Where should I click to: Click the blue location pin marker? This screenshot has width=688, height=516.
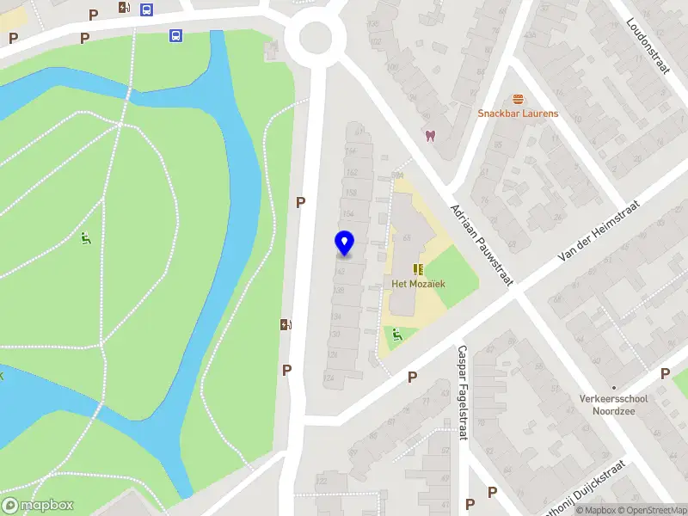(344, 243)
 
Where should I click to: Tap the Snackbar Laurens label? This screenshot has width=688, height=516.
(518, 114)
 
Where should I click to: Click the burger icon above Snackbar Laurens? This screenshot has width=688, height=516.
(518, 99)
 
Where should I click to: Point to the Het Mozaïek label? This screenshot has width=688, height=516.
(418, 284)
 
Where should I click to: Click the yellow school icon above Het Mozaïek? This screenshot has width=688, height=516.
(419, 269)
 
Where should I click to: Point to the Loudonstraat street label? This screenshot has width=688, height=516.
(648, 46)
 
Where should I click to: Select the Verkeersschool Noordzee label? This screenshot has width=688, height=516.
(613, 404)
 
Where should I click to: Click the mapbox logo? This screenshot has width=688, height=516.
(37, 506)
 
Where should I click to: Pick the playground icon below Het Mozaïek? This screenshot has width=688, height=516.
(396, 335)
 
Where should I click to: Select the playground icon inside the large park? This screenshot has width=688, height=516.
(86, 238)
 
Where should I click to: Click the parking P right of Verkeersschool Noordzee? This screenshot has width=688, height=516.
(665, 373)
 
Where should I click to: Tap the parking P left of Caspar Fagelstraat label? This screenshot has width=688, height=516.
(412, 377)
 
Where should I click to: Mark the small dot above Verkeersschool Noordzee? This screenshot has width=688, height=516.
(613, 387)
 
